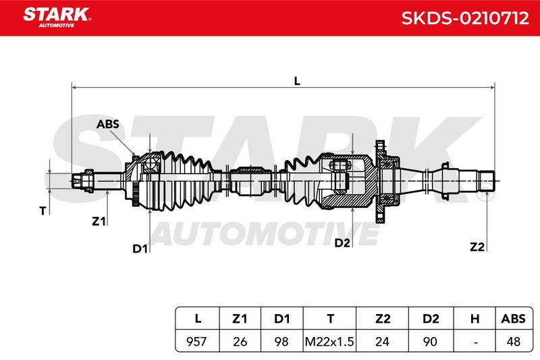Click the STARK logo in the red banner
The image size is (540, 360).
click(x=57, y=17)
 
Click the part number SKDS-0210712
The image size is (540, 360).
click(x=465, y=18)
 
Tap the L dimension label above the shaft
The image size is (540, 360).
click(x=297, y=81)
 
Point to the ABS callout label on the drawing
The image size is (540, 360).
click(x=108, y=124)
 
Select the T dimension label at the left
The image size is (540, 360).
click(x=43, y=211)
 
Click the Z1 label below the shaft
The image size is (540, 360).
click(x=99, y=221)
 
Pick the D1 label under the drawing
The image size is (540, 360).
click(x=140, y=249)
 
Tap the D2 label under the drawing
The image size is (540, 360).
click(x=342, y=243)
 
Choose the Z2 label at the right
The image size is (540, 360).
click(x=477, y=247)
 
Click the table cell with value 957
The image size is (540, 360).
click(x=196, y=341)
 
